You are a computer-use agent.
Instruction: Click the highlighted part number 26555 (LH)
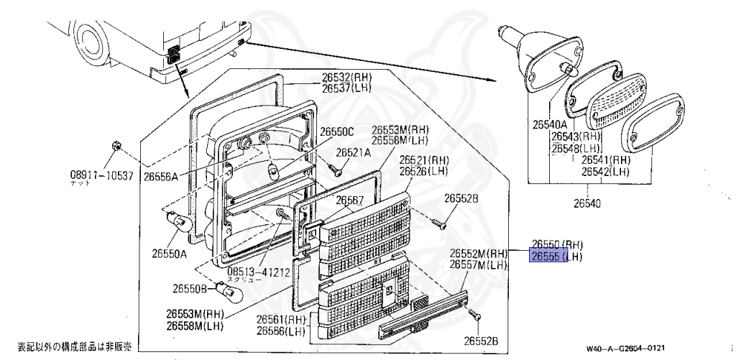coord(556,256)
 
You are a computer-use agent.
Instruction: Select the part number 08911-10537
coord(101,175)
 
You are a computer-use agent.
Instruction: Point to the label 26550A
coord(169,253)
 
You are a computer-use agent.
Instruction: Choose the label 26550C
coord(337,131)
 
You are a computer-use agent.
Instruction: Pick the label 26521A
coord(353,152)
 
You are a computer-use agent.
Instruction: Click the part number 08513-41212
coord(258,273)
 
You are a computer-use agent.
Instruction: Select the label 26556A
coord(160,175)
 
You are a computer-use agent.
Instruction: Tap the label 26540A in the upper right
coord(551,124)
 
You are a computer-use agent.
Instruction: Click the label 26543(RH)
coord(575,136)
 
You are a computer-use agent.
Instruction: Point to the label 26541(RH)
coord(605,160)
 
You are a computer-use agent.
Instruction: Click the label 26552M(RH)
coord(479,254)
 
